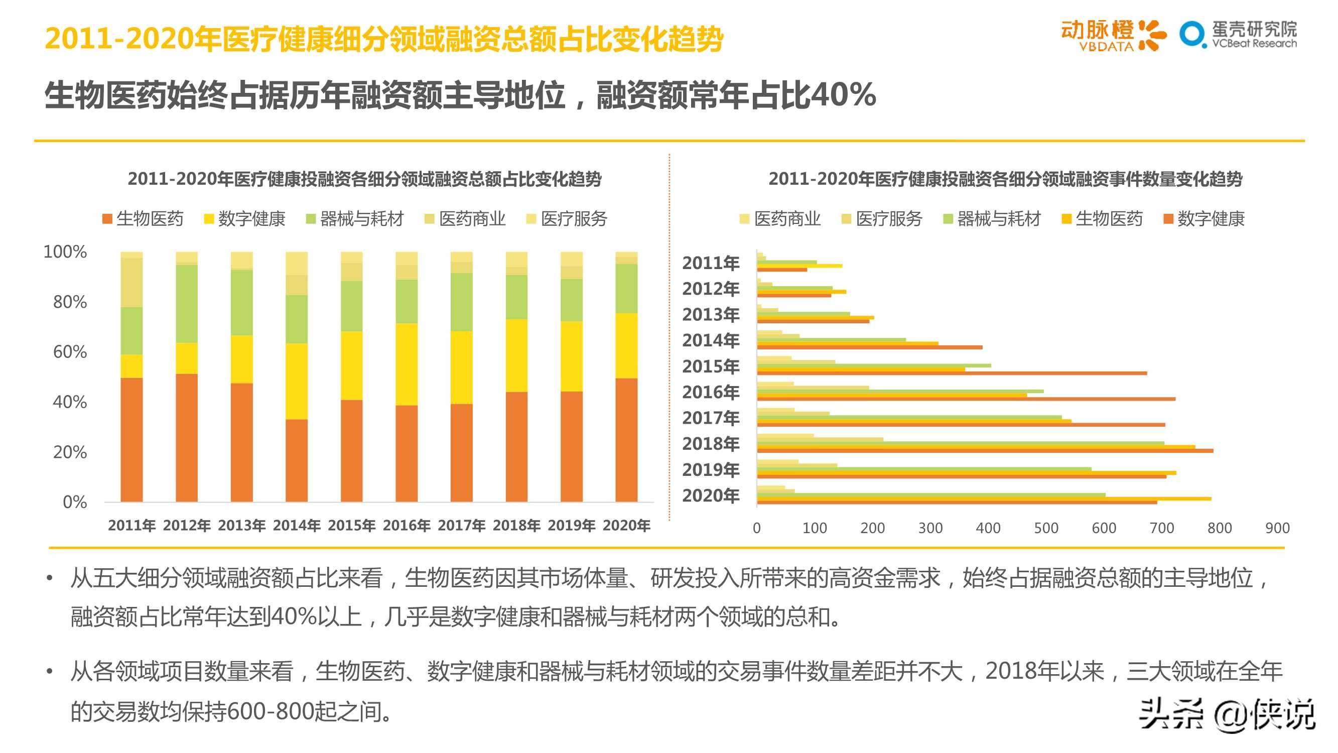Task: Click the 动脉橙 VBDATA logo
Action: click(1113, 35)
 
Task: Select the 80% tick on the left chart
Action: click(70, 302)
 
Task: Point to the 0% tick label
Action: click(75, 502)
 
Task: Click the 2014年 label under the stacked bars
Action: click(297, 526)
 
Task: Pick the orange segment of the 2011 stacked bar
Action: click(131, 440)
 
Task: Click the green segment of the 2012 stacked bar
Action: click(187, 304)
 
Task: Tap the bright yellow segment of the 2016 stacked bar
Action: click(406, 364)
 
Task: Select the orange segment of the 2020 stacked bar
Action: click(626, 440)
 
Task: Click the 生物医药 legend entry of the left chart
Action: click(144, 219)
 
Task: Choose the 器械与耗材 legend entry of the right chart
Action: click(992, 219)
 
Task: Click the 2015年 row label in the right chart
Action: click(711, 366)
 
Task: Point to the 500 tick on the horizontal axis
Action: click(1045, 528)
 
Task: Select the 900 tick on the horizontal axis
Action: click(1277, 528)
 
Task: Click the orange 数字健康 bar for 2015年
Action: click(952, 373)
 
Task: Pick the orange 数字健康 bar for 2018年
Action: click(985, 451)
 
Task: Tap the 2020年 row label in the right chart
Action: click(711, 496)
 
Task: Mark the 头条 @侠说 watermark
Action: click(1227, 715)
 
